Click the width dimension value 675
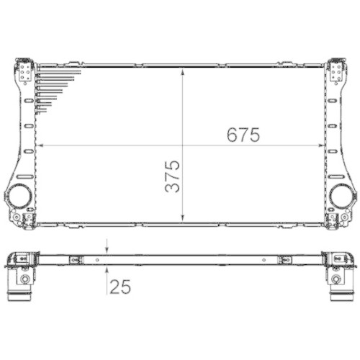[242, 135]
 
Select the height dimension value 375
[172, 176]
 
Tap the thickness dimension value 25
[120, 287]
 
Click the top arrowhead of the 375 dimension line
[184, 71]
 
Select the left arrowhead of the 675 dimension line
[39, 145]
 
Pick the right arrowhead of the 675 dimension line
[320, 145]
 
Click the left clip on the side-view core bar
[75, 260]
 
